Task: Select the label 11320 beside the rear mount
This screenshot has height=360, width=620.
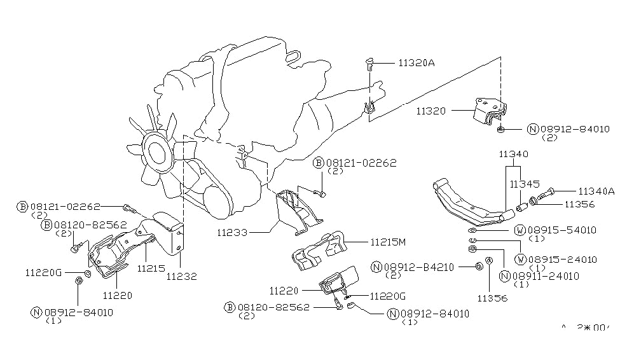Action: [433, 110]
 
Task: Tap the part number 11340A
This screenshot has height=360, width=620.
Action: [596, 190]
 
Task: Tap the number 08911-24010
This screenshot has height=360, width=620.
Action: [545, 276]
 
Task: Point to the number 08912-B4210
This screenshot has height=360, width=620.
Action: [418, 267]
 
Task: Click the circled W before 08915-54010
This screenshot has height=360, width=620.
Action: [520, 229]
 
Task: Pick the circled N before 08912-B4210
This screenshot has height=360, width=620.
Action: [377, 267]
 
